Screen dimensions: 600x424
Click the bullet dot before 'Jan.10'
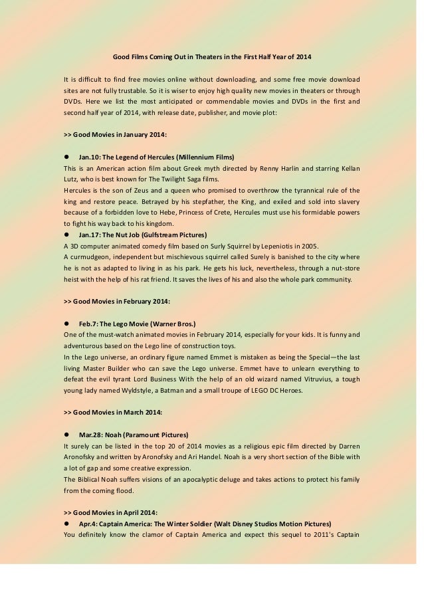click(x=66, y=157)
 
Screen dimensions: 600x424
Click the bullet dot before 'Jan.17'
click(x=66, y=235)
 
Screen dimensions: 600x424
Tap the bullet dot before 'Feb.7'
click(x=66, y=324)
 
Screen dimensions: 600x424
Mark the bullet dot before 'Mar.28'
click(x=66, y=435)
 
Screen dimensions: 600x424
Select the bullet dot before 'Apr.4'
click(x=66, y=524)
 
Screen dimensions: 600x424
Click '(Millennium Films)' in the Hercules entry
click(x=205, y=157)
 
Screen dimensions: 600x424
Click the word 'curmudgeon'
click(x=91, y=256)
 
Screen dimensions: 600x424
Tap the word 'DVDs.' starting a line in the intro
click(x=73, y=101)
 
